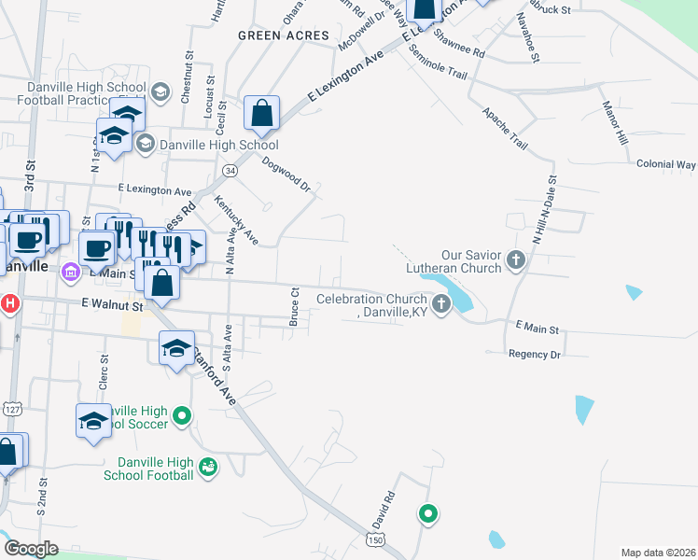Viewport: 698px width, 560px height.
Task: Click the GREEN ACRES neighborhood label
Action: click(x=284, y=35)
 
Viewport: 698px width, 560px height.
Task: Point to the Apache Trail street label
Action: click(x=505, y=128)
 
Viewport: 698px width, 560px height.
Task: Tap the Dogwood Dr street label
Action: click(x=286, y=173)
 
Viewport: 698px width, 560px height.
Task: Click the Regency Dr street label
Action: click(x=535, y=355)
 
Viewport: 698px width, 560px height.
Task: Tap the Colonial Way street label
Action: click(x=666, y=164)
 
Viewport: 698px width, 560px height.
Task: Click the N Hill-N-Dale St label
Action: click(x=543, y=210)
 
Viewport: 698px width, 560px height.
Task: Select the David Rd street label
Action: click(x=384, y=508)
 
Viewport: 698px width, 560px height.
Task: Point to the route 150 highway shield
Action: click(x=375, y=540)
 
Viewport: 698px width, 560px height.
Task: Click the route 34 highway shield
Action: click(x=230, y=172)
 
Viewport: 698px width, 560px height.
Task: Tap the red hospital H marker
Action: click(x=9, y=303)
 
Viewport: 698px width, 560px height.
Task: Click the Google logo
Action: click(x=31, y=549)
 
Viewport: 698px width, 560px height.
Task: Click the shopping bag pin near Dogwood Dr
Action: click(x=262, y=114)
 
